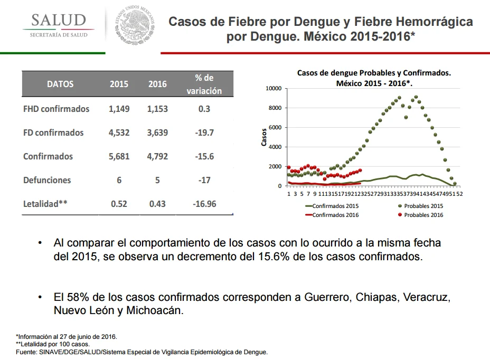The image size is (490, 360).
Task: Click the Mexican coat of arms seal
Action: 135,24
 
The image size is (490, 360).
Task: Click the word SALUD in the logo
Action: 59,20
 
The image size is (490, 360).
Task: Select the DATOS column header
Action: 60,84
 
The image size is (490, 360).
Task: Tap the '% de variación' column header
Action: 204,84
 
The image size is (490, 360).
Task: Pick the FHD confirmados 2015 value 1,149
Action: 119,109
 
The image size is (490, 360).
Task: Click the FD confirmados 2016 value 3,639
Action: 157,132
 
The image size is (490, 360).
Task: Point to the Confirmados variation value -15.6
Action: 204,156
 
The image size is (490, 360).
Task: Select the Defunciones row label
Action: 47,180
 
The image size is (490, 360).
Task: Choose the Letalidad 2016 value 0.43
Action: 157,204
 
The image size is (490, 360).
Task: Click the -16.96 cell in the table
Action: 204,204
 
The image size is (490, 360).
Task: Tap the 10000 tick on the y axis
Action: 274,89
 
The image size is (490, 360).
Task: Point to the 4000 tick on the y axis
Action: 275,147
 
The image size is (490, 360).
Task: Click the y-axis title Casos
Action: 264,137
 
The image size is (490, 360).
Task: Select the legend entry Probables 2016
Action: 421,215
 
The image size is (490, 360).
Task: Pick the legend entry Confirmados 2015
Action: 332,206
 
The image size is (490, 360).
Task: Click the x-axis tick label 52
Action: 459,194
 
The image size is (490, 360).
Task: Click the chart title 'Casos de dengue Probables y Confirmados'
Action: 374,73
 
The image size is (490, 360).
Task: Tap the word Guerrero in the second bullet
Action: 327,297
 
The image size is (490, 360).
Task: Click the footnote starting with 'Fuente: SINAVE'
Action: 142,352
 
